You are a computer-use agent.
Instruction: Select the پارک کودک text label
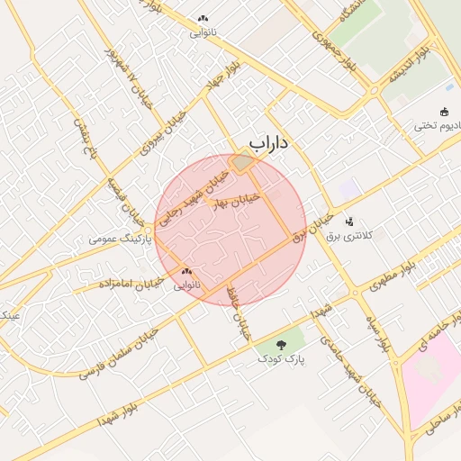(281, 359)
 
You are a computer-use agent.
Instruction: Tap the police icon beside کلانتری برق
(349, 221)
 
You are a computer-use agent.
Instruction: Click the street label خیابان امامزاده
(129, 284)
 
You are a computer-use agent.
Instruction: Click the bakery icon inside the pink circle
(187, 271)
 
